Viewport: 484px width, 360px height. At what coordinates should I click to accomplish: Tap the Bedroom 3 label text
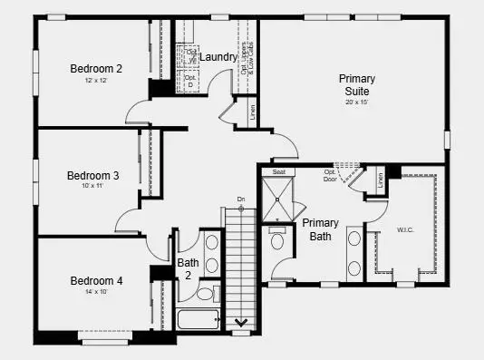(x=92, y=175)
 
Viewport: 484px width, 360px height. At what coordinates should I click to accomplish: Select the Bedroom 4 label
(x=96, y=280)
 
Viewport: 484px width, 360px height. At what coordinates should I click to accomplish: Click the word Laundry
(x=218, y=57)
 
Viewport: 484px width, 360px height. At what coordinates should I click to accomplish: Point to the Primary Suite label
(x=357, y=85)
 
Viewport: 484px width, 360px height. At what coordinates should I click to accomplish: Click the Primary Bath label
(x=320, y=229)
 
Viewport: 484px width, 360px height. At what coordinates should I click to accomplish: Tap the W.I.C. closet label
(x=404, y=229)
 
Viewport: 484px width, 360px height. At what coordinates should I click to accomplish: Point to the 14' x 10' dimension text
(x=96, y=293)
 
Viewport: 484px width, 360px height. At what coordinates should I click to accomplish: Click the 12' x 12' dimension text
(x=96, y=81)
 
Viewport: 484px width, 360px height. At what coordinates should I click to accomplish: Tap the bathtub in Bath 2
(x=197, y=319)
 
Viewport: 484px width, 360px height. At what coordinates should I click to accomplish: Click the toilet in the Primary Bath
(x=278, y=238)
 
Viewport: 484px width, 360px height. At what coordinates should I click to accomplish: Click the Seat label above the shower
(x=279, y=171)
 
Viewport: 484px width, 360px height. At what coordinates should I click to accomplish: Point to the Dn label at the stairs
(x=241, y=199)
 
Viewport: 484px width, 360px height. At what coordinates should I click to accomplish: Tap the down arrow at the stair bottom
(x=242, y=321)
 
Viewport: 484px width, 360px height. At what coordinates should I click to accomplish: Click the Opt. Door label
(x=330, y=174)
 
